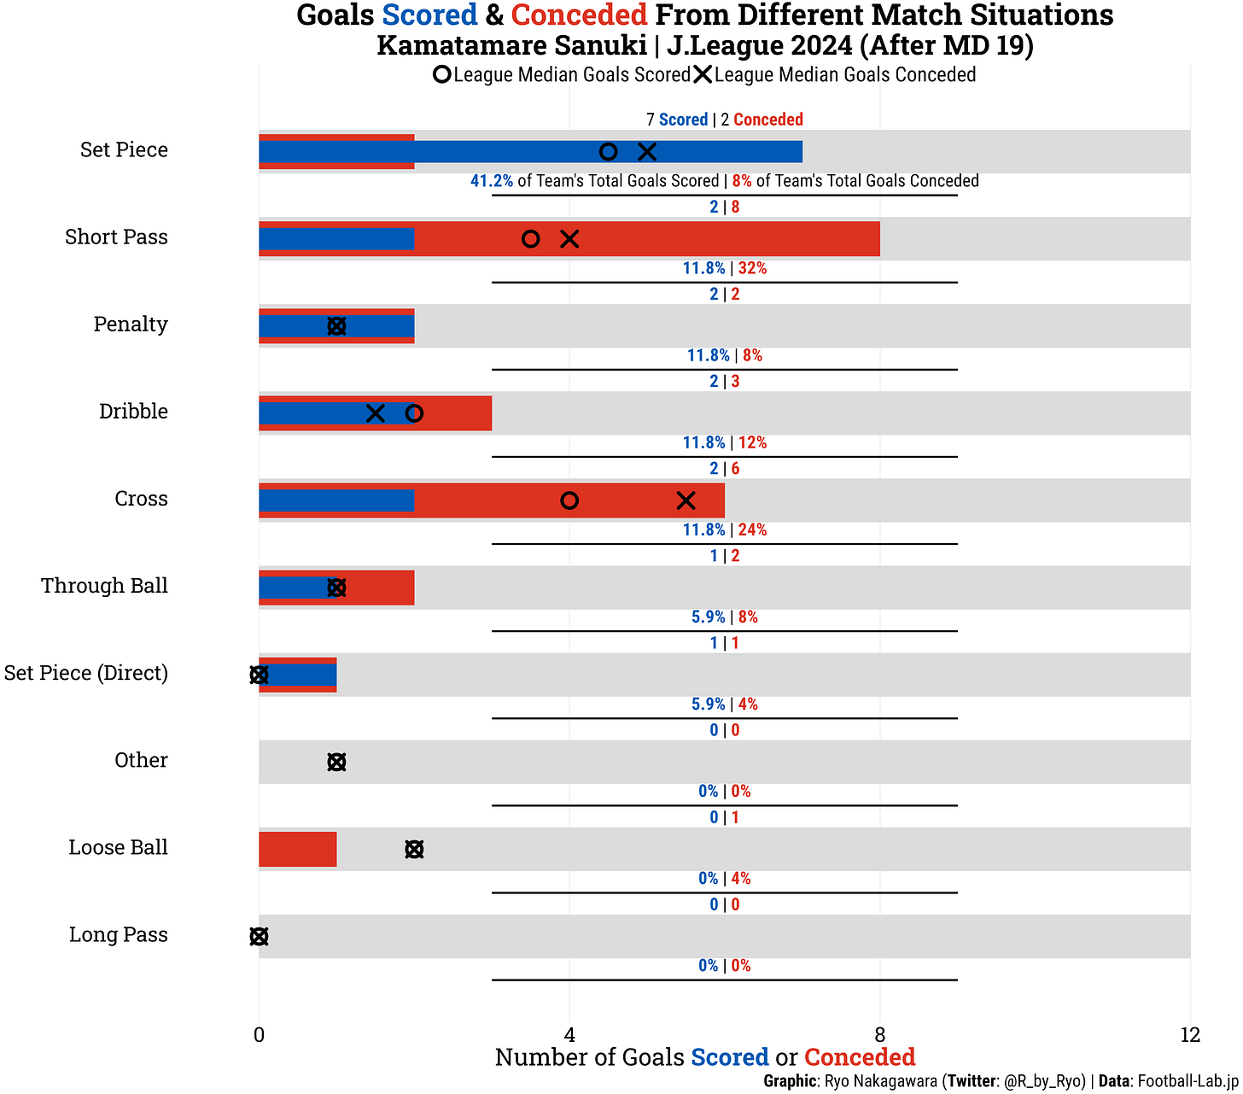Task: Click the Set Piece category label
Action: [x=124, y=150]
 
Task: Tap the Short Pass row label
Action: [x=116, y=237]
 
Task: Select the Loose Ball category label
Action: [x=118, y=848]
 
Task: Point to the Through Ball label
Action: [x=104, y=587]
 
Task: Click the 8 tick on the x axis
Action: [x=879, y=1036]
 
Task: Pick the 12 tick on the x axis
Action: [x=1189, y=1036]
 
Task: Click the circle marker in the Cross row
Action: [x=569, y=500]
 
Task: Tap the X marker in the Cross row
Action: [x=686, y=500]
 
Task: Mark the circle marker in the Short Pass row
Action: [x=530, y=239]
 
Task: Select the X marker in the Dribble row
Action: [x=375, y=413]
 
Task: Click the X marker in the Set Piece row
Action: [x=647, y=152]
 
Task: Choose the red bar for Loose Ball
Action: [x=298, y=849]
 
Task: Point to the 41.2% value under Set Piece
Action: [x=492, y=181]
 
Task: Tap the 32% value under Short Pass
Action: [x=752, y=269]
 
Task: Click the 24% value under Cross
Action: [x=752, y=530]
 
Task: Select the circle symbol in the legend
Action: [x=441, y=75]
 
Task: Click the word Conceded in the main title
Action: [x=579, y=15]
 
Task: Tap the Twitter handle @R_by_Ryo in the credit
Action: [x=1044, y=1081]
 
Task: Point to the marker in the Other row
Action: [x=336, y=762]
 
